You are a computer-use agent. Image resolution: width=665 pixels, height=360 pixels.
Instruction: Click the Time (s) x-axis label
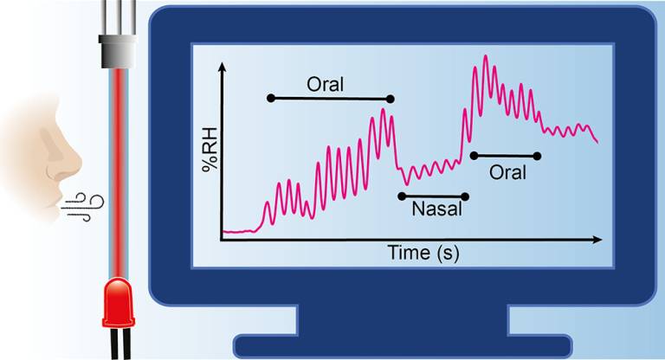pos(423,253)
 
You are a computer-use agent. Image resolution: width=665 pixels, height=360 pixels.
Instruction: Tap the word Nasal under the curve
pos(433,209)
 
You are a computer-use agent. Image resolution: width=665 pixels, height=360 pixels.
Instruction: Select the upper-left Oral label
pos(326,85)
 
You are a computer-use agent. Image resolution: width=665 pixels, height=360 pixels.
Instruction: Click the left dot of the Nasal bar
pos(401,196)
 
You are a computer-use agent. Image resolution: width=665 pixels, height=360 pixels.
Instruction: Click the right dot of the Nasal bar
pos(465,196)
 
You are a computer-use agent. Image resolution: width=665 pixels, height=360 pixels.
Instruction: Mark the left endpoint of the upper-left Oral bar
pos(270,99)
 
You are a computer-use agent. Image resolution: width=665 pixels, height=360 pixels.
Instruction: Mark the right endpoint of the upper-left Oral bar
pos(391,99)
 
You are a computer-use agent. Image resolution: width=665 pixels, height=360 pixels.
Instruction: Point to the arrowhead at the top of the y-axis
pos(223,66)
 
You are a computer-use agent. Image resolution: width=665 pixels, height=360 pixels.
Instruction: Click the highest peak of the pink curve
pos(485,57)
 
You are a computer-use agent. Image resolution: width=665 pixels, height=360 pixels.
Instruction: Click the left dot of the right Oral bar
pos(473,156)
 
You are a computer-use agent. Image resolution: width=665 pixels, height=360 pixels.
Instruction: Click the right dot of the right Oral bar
pos(537,156)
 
